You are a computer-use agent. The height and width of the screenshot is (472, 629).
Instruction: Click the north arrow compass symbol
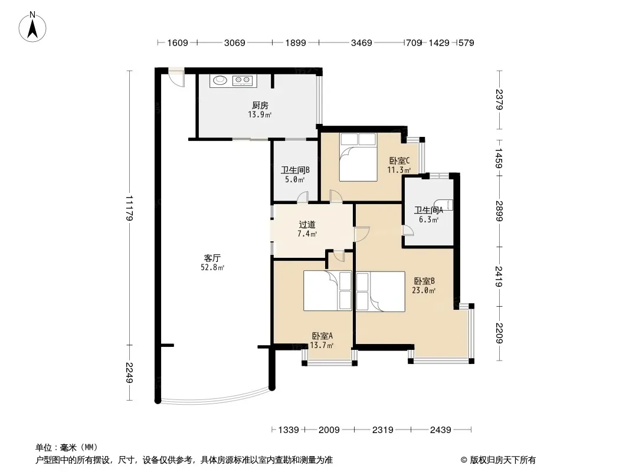(32, 27)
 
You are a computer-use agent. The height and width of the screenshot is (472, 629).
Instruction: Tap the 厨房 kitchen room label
(260, 106)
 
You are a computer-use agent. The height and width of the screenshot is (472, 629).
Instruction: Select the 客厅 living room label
(212, 258)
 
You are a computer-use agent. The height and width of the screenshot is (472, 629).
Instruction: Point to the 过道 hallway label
(307, 225)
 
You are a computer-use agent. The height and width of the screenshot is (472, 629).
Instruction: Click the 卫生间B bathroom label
(295, 170)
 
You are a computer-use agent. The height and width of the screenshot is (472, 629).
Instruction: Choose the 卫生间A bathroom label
(428, 210)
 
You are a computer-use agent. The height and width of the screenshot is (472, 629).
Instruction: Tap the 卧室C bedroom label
(399, 161)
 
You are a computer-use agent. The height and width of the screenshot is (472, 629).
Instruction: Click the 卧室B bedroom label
(424, 281)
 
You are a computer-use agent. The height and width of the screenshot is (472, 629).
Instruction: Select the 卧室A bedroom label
(322, 336)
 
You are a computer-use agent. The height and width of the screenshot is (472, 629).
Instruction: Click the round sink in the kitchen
(220, 80)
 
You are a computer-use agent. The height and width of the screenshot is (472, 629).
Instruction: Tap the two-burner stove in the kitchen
(243, 81)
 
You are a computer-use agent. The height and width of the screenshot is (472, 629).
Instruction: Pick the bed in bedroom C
(358, 157)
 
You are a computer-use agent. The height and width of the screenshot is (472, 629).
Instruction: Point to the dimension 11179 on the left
(129, 208)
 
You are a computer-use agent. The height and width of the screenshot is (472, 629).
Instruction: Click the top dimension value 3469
(362, 42)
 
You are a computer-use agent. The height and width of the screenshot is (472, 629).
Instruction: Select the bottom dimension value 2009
(329, 430)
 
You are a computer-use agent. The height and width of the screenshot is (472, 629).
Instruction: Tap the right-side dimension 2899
(499, 211)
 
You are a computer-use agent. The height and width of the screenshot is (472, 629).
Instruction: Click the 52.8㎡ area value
(212, 267)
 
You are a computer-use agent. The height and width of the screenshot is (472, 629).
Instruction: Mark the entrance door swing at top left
(176, 78)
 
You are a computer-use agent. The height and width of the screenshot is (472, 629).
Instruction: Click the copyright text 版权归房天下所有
(503, 460)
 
